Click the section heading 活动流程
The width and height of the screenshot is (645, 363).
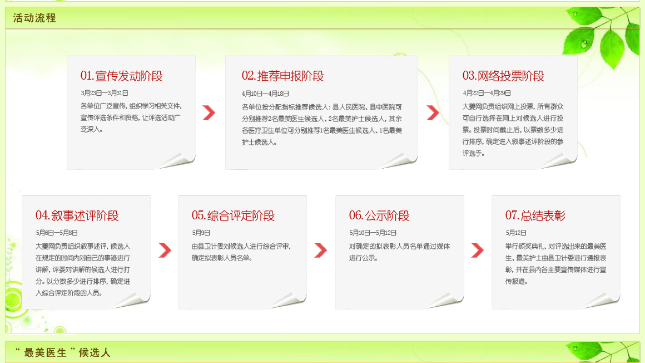34,18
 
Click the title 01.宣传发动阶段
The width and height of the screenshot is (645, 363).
122,76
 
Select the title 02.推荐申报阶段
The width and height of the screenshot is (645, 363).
283,76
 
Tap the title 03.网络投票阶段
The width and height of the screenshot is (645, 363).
504,76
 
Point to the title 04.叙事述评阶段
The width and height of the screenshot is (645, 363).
77,215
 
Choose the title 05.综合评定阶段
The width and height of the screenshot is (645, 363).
233,215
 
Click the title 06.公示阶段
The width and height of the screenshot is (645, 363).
379,215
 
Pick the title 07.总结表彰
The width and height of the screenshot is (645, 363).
535,215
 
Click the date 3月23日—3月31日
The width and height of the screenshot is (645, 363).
105,93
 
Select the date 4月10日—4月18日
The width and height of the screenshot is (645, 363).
265,94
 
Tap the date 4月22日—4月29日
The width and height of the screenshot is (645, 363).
487,93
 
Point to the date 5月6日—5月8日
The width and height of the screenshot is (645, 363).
57,233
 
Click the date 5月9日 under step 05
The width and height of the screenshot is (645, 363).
201,233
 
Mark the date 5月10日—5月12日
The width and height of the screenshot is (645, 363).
373,233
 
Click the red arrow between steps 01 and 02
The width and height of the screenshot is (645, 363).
209,112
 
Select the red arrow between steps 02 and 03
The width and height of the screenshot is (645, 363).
433,112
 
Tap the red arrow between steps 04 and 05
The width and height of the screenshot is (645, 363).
165,250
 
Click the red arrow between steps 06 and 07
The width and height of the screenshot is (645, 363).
477,250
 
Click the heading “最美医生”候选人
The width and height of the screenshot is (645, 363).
62,352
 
